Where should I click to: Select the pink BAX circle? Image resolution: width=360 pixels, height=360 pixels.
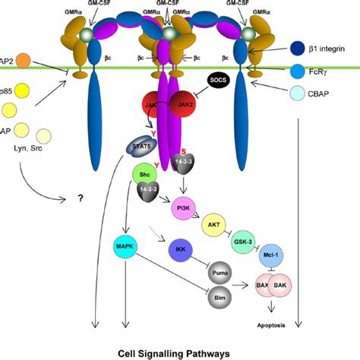[259, 286]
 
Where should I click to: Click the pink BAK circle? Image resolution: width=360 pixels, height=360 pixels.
[279, 286]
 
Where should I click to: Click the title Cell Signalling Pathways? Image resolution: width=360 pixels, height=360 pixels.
[179, 352]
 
